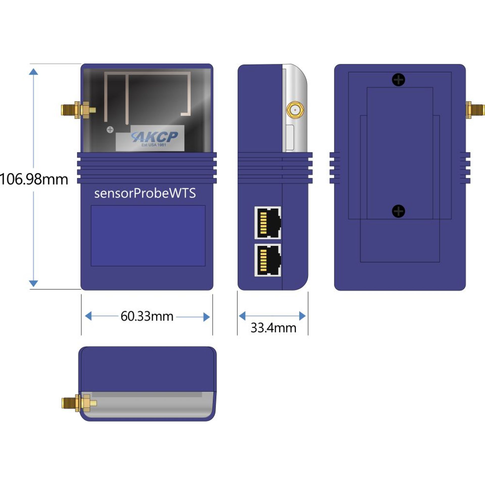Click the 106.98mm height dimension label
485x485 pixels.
(x=34, y=179)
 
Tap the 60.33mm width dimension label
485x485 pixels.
(x=147, y=316)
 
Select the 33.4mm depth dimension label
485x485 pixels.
(x=273, y=328)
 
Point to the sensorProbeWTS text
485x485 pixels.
(x=145, y=193)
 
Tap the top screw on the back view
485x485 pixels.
(x=398, y=80)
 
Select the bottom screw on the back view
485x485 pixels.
(x=398, y=211)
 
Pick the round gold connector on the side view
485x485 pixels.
(x=295, y=110)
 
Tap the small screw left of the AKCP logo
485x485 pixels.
(x=110, y=130)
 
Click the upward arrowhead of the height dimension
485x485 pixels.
(x=33, y=72)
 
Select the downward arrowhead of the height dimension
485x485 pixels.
(x=33, y=283)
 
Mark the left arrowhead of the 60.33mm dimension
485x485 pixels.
(x=88, y=316)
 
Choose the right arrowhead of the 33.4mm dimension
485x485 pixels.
(x=302, y=316)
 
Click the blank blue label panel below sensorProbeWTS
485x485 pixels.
(x=148, y=235)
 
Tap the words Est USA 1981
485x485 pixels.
(x=154, y=145)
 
